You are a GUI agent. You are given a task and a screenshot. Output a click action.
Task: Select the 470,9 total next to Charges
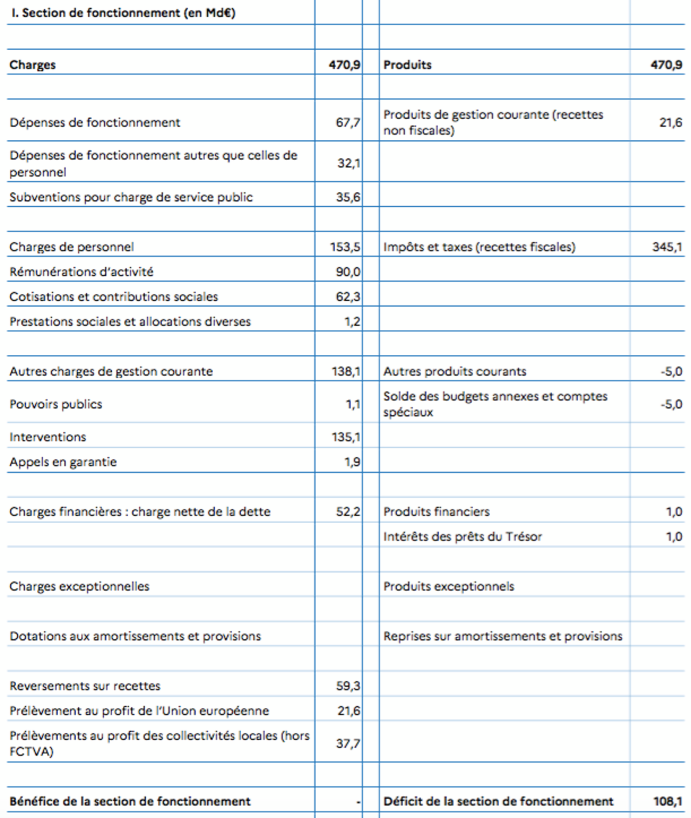point(344,65)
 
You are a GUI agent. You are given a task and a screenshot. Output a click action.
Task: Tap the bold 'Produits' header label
point(407,65)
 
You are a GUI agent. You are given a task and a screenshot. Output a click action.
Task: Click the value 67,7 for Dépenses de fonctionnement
point(348,122)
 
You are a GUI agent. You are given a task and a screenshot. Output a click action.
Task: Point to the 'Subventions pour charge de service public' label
point(131,197)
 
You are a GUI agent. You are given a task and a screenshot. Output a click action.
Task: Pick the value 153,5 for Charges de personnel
point(345,247)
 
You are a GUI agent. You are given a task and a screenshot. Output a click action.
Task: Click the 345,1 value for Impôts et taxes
point(667,247)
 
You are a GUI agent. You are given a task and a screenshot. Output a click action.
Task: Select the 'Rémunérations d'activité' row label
point(81,272)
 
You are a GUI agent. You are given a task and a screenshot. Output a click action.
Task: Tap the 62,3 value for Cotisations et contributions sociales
point(348,297)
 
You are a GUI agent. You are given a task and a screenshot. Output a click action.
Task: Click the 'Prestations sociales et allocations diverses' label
point(130,321)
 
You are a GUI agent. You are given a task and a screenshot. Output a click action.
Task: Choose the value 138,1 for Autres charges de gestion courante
point(345,372)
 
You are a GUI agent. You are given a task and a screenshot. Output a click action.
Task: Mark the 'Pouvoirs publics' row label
point(56,404)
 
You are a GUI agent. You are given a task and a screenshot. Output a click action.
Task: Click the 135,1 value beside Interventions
point(345,437)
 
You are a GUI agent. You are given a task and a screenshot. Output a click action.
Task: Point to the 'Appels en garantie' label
point(63,462)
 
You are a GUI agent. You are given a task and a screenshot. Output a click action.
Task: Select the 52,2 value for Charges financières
point(348,512)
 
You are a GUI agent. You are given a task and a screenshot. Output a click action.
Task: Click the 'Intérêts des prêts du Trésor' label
point(462,537)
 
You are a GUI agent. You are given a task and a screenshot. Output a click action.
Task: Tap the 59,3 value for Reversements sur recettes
point(348,686)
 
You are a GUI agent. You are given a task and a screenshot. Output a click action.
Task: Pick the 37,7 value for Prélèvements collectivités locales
point(348,744)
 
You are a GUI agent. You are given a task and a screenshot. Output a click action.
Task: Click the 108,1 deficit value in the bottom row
point(667,801)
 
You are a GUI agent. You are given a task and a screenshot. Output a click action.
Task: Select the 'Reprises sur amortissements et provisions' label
point(503,637)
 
